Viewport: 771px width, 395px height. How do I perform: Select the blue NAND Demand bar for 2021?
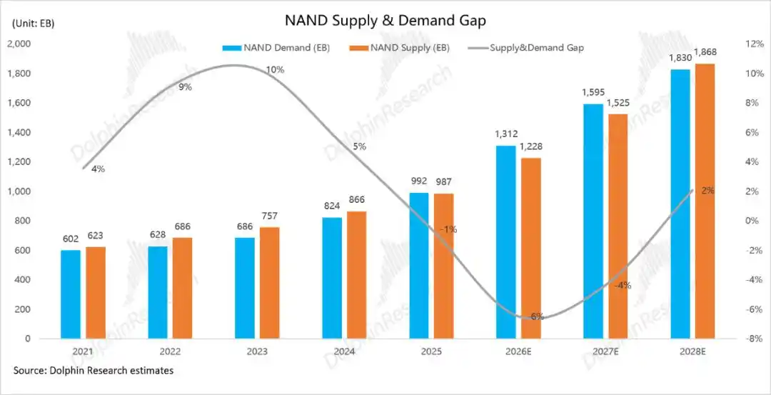tap(70, 294)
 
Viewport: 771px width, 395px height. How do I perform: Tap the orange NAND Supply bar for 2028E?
tap(705, 201)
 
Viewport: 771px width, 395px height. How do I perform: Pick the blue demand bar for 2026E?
tap(506, 242)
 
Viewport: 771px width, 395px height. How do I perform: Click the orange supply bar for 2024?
tap(357, 275)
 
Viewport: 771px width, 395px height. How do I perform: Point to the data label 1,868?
tap(705, 53)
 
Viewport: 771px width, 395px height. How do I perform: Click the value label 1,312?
tap(506, 134)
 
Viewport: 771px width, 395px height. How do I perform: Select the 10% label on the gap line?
tap(275, 69)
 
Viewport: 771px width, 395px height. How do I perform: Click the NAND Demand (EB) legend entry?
tap(276, 48)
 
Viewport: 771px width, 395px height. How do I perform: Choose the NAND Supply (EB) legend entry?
tap(399, 48)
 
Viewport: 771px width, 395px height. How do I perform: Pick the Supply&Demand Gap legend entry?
tap(527, 48)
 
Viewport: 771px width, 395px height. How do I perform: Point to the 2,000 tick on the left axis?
tap(19, 44)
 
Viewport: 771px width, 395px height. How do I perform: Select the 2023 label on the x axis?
tap(257, 352)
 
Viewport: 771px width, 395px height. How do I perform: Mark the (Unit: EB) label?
tap(33, 24)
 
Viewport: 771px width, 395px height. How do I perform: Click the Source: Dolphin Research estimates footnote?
tap(94, 371)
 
